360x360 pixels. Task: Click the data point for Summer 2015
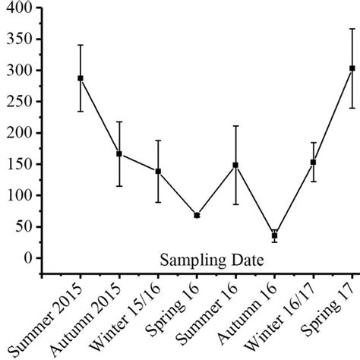81,78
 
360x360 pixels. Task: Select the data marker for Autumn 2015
119,153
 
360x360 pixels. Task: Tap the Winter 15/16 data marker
158,171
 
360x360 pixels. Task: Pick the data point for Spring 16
197,216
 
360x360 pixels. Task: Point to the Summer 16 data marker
235,165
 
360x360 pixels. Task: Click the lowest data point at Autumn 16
274,235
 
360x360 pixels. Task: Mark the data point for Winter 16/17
313,162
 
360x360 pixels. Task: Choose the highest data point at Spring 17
352,68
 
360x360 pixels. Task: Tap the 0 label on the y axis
29,258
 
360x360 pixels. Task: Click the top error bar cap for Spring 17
352,29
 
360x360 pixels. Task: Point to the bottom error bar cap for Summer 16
235,204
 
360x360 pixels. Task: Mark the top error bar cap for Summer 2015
81,45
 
